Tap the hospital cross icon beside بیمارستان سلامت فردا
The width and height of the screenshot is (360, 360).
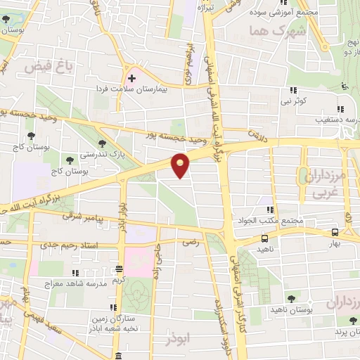pyautogui.click(x=132, y=78)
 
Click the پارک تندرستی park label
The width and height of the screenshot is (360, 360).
pyautogui.click(x=98, y=153)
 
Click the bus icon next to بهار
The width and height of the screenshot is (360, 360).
pyautogui.click(x=334, y=233)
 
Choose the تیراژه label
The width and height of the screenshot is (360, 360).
pyautogui.click(x=204, y=7)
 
